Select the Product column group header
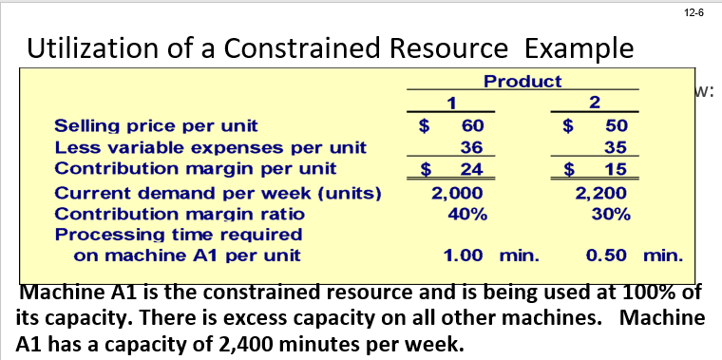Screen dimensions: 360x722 coord(522,82)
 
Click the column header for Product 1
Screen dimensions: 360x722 coord(452,102)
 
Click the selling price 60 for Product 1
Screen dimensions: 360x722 coord(472,125)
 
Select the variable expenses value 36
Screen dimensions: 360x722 coord(472,147)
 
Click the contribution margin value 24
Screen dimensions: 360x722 coord(472,170)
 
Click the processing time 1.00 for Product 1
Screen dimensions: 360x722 coord(465,255)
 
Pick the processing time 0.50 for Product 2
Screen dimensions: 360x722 coord(606,255)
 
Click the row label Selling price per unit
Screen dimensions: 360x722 coord(156,125)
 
